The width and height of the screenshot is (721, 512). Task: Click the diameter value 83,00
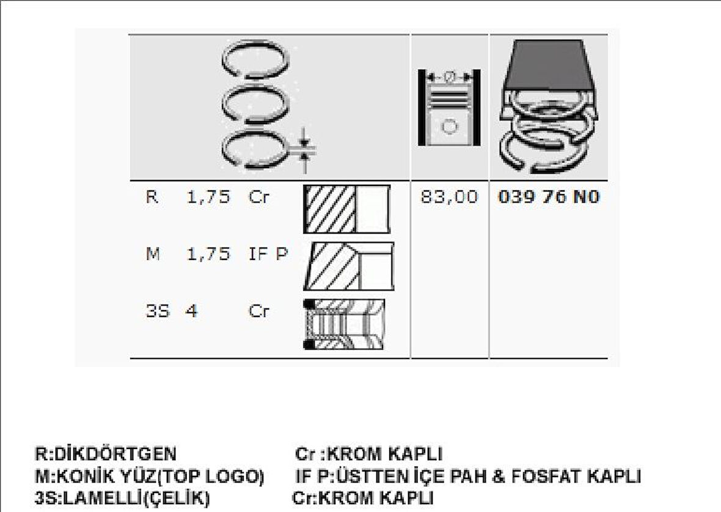448,198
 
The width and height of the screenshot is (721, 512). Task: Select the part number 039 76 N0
549,198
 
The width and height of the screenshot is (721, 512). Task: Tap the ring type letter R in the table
152,198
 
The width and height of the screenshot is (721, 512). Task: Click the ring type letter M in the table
153,254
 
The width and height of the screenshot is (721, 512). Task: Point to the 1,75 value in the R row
208,198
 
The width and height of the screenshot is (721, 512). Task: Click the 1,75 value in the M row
208,254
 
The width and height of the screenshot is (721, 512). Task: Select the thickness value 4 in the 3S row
191,311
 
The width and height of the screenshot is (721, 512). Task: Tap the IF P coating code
267,254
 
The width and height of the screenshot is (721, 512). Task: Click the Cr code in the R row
258,198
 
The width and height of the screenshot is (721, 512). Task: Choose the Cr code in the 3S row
258,311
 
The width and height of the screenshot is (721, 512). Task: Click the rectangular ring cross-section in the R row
346,209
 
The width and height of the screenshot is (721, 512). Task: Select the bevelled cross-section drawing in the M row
349,266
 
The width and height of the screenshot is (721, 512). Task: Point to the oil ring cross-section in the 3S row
345,324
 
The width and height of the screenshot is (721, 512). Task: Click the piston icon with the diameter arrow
449,108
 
